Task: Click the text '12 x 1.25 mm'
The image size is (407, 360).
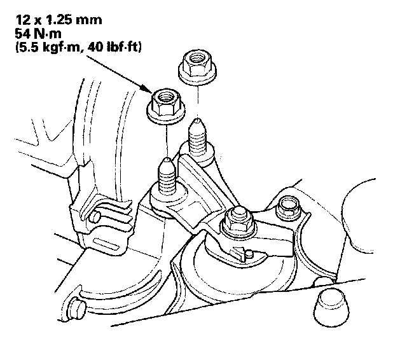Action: (x=59, y=20)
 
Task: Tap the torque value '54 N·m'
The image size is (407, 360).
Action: (x=38, y=34)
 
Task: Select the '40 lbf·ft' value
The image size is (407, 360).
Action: (x=114, y=48)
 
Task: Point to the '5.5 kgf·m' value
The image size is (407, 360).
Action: (x=50, y=48)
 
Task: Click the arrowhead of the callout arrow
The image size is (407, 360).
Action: (x=147, y=89)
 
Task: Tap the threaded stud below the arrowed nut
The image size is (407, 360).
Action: (x=167, y=176)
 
